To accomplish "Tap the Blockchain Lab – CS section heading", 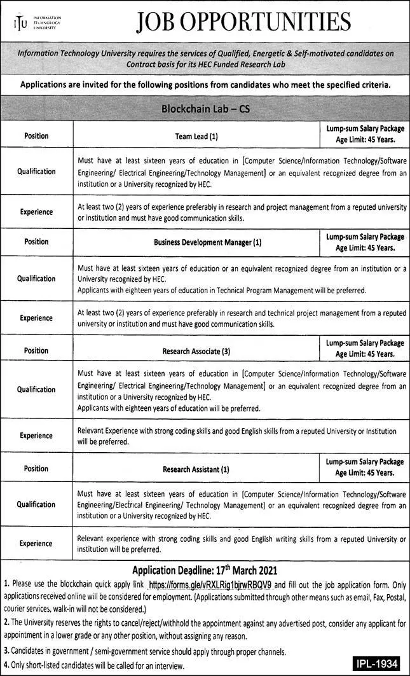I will (205, 109).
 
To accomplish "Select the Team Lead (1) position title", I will (196, 136).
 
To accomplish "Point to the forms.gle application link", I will (210, 584).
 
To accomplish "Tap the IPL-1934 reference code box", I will (376, 664).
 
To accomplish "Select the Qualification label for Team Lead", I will (36, 172).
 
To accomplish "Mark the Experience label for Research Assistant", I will (36, 544).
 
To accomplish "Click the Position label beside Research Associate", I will (36, 350).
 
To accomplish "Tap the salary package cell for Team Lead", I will (365, 135).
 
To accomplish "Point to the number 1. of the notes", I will (7, 584).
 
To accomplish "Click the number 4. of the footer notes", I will (7, 665).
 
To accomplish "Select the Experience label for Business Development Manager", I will (36, 318).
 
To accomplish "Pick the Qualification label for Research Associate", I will (36, 389).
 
